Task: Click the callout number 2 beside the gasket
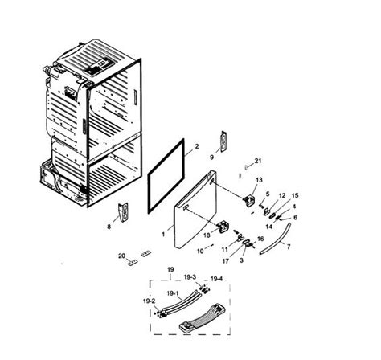pos(197,146)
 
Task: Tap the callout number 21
pos(257,161)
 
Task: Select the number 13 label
pos(259,180)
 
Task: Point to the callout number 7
pos(289,247)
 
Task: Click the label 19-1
pos(173,293)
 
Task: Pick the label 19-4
pos(216,279)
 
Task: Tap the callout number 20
pos(122,256)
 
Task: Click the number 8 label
pos(109,227)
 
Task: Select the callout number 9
pos(211,157)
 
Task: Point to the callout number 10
pos(200,252)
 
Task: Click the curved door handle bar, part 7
pos(276,239)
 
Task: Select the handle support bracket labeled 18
pos(223,227)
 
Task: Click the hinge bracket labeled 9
pos(223,141)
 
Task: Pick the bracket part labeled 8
pos(123,212)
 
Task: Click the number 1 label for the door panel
pos(163,235)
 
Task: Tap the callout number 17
pos(226,261)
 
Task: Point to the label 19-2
pos(149,301)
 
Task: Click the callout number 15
pos(295,195)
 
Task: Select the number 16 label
pos(260,239)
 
